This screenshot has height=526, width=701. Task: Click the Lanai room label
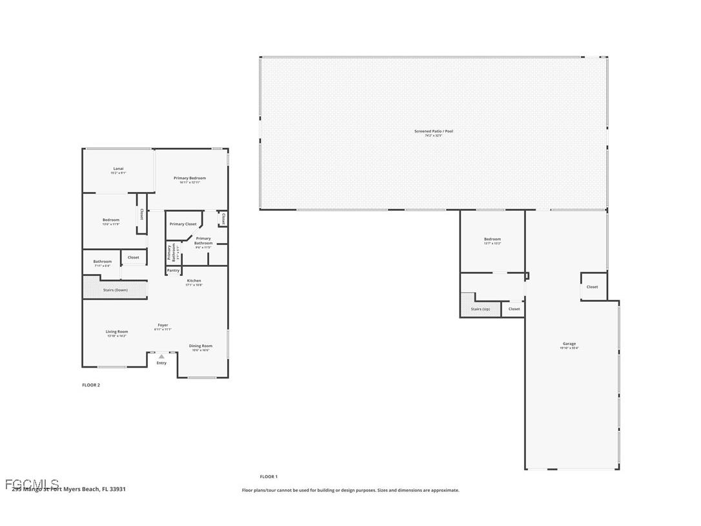click(118, 169)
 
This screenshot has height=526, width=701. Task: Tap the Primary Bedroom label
click(190, 178)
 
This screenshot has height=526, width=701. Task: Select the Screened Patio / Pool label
click(434, 132)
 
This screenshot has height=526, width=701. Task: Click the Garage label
click(569, 344)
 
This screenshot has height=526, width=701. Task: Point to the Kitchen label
click(194, 281)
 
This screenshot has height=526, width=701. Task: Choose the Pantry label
click(173, 270)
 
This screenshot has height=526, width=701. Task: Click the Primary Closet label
click(183, 224)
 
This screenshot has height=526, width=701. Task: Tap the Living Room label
click(117, 332)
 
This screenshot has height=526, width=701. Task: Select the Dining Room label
click(200, 346)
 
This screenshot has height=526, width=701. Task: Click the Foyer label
click(163, 326)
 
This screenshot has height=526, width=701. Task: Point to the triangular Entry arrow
click(161, 356)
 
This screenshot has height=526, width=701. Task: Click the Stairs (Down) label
click(116, 290)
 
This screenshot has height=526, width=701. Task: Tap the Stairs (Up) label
click(480, 309)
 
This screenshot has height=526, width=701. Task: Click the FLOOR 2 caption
click(91, 385)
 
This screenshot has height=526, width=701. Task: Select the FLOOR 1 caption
click(269, 477)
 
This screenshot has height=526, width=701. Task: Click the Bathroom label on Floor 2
click(102, 262)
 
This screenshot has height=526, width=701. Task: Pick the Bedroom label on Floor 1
click(493, 240)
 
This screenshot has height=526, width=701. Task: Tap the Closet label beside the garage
click(592, 287)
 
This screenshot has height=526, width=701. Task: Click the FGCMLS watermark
click(32, 484)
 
